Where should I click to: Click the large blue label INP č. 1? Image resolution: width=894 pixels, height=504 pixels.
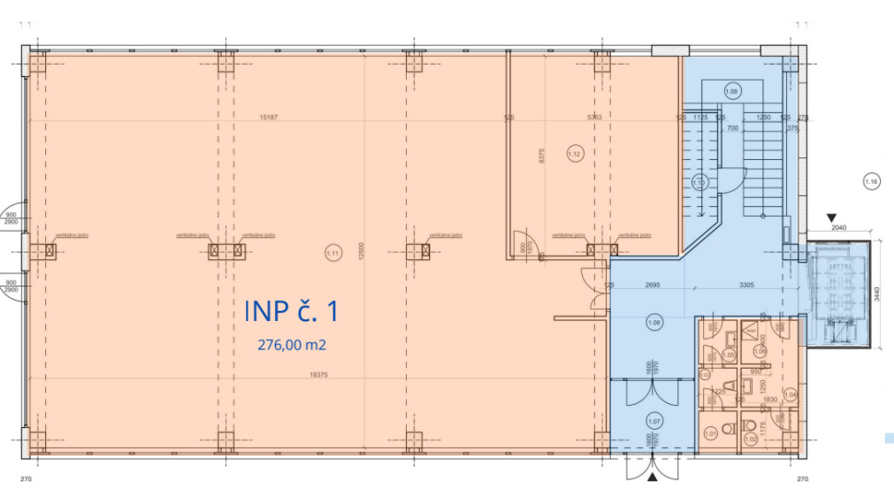tap(291, 311)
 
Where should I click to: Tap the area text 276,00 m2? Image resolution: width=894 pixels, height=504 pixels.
tap(291, 346)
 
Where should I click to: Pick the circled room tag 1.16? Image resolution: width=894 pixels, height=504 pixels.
tap(871, 183)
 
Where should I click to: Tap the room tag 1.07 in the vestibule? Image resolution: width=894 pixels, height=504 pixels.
tap(655, 421)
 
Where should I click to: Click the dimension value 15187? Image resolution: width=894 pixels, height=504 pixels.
tap(269, 117)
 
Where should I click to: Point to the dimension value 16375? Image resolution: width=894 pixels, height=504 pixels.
tap(320, 375)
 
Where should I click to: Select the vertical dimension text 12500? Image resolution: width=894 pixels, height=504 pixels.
tap(361, 253)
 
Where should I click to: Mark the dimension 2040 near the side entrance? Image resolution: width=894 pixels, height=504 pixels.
tap(839, 228)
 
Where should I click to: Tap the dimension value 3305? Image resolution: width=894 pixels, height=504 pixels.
tap(745, 285)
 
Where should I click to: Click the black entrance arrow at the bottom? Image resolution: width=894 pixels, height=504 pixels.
tap(653, 477)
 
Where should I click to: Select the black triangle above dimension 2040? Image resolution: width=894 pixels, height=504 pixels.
tap(832, 217)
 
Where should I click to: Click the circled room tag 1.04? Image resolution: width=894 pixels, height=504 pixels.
tap(791, 394)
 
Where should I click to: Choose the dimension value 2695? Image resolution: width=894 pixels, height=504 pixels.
tap(653, 285)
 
